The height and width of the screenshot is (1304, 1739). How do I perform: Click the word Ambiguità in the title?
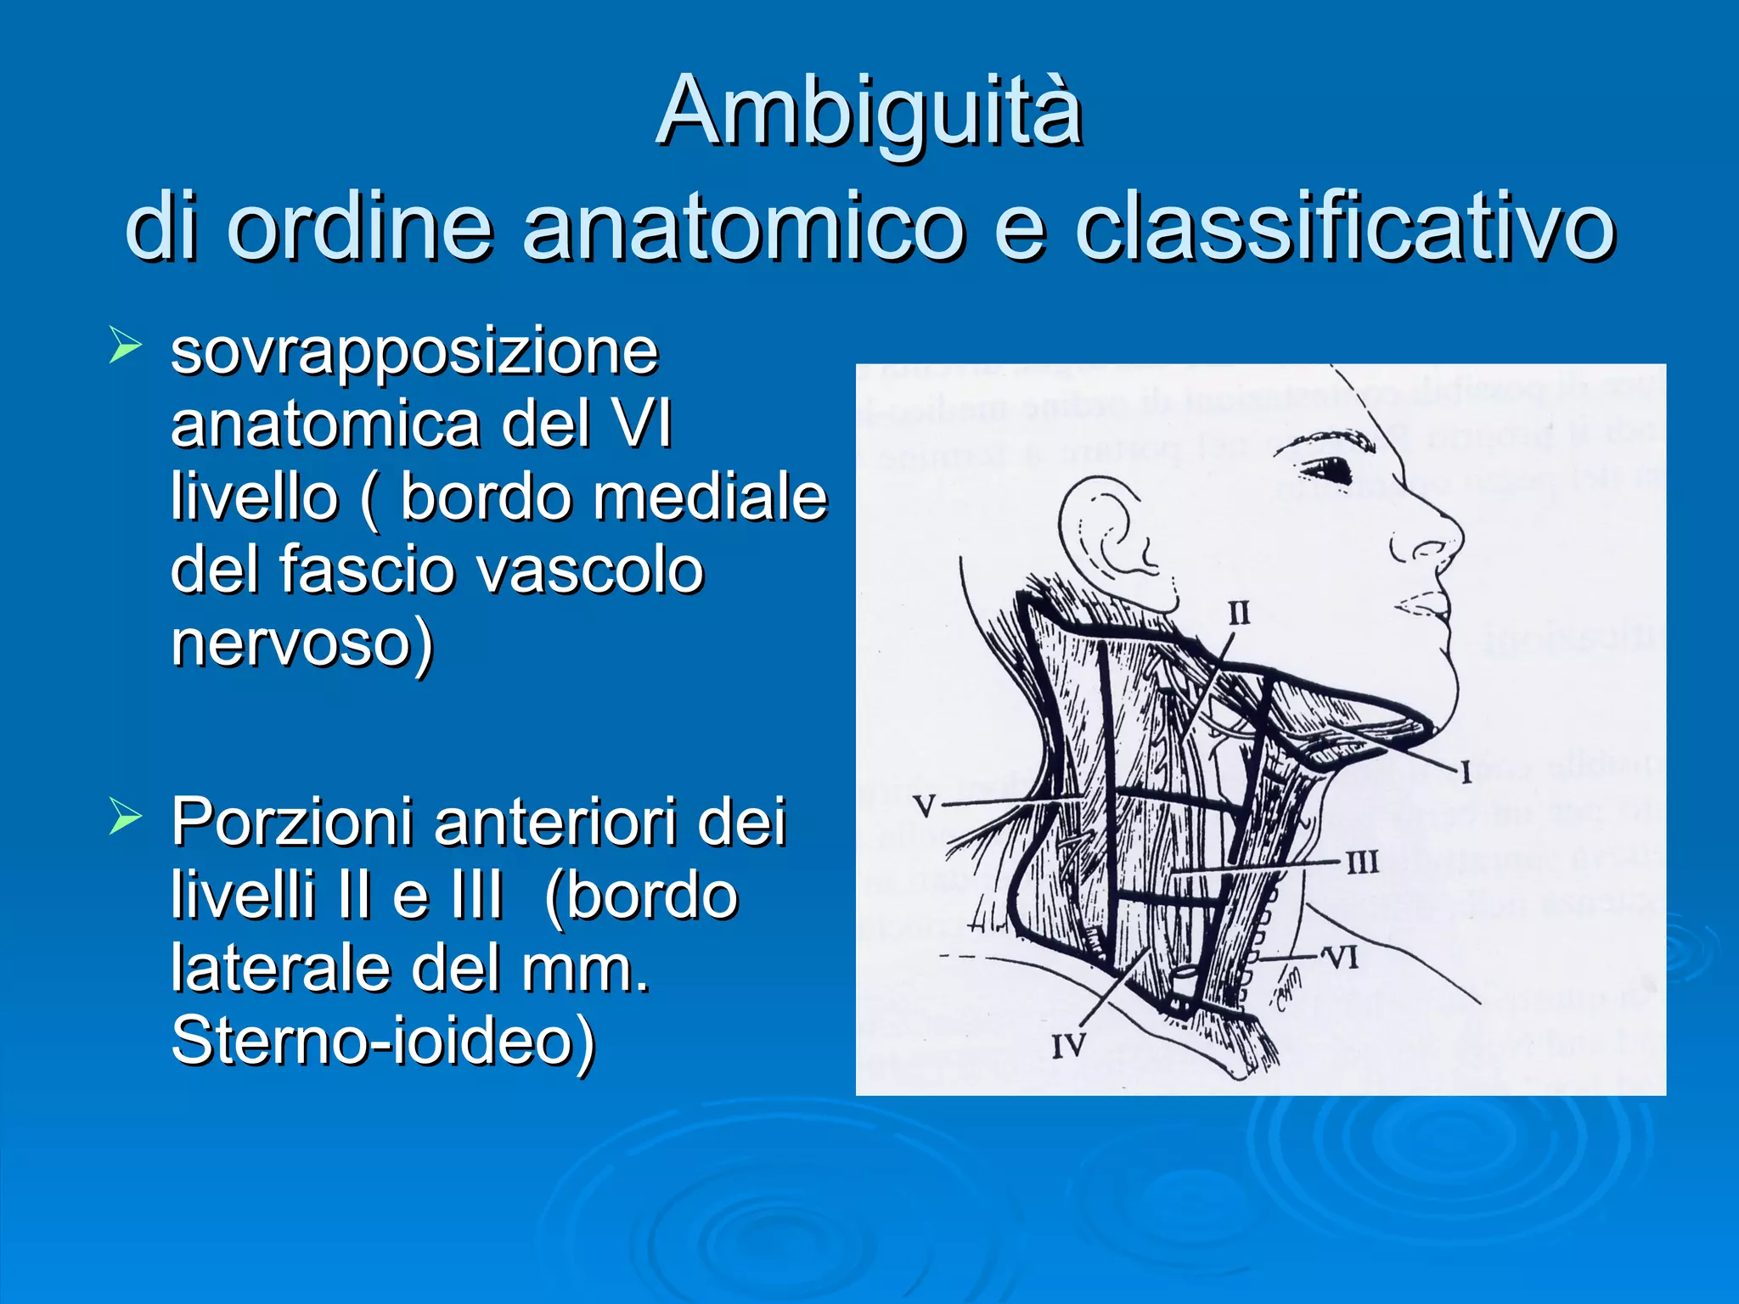pos(869,113)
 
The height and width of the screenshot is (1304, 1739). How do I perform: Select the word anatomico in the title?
pos(744,228)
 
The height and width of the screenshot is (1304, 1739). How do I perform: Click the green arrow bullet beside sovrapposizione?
pos(125,347)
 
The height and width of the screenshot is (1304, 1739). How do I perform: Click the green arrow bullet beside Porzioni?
pos(125,818)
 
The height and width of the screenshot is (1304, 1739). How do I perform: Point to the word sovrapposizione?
pos(414,351)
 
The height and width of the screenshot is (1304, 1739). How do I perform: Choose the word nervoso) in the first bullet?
pos(302,643)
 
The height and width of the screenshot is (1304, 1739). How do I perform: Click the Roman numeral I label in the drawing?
pos(1466,773)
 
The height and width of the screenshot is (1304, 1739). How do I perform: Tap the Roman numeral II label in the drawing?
pos(1239,612)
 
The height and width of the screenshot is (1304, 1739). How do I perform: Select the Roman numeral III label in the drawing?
pos(1362,863)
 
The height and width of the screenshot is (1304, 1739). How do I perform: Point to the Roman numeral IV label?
pos(1068,1046)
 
